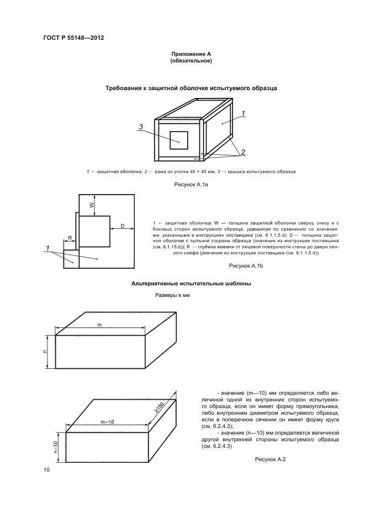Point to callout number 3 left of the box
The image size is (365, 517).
coord(141,127)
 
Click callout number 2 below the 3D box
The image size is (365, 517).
coord(242,152)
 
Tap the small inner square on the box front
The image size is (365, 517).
coord(179,139)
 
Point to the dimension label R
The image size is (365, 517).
coord(70,238)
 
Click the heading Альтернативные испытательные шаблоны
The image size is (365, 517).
coord(191,283)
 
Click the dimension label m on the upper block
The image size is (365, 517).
coord(99,324)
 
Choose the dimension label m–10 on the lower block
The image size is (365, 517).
coord(107,422)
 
